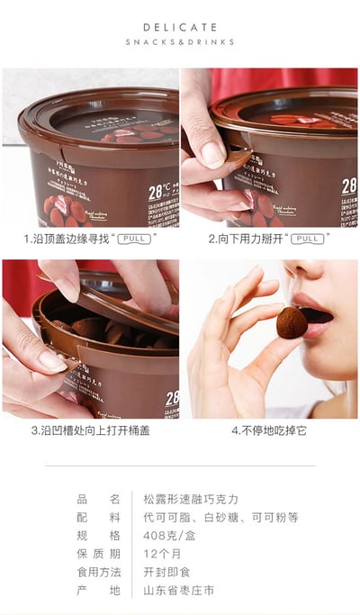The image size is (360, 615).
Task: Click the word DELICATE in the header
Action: coord(180,27)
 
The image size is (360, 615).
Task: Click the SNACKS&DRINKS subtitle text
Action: coord(180,41)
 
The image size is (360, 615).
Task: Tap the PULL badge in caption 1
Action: coord(134,239)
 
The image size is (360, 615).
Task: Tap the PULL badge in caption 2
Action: coord(308,239)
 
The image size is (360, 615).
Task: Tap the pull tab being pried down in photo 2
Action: coord(236,161)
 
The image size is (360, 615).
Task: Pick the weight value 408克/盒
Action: coord(169,535)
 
